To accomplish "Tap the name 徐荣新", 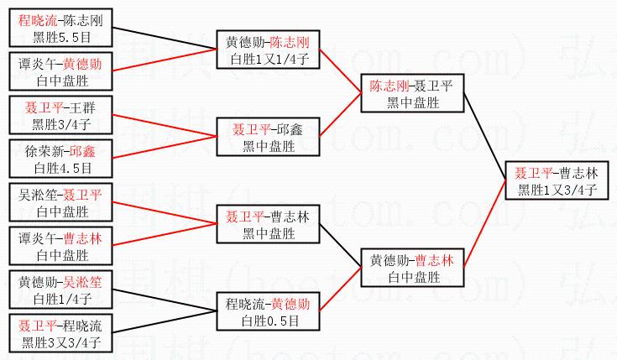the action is pyautogui.click(x=43, y=152).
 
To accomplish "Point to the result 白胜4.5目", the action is pyautogui.click(x=60, y=168).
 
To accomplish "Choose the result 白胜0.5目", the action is pyautogui.click(x=269, y=321).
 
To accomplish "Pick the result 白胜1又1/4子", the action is pyautogui.click(x=269, y=59).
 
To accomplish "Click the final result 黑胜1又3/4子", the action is pyautogui.click(x=557, y=190).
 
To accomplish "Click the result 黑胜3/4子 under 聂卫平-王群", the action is pyautogui.click(x=60, y=124).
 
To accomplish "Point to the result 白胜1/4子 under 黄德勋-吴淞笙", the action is pyautogui.click(x=60, y=298).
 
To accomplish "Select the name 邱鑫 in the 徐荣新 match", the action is pyautogui.click(x=83, y=152).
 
